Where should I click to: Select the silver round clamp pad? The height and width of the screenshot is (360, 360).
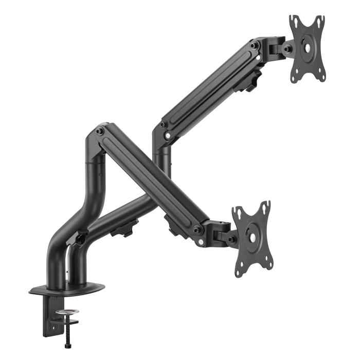[67, 312]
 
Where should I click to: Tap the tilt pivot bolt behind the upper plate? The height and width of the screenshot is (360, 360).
[287, 49]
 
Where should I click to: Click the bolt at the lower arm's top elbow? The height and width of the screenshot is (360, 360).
[100, 132]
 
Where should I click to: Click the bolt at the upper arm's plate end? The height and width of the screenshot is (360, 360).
[255, 46]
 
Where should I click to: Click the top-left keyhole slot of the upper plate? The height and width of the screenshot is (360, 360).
[294, 21]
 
